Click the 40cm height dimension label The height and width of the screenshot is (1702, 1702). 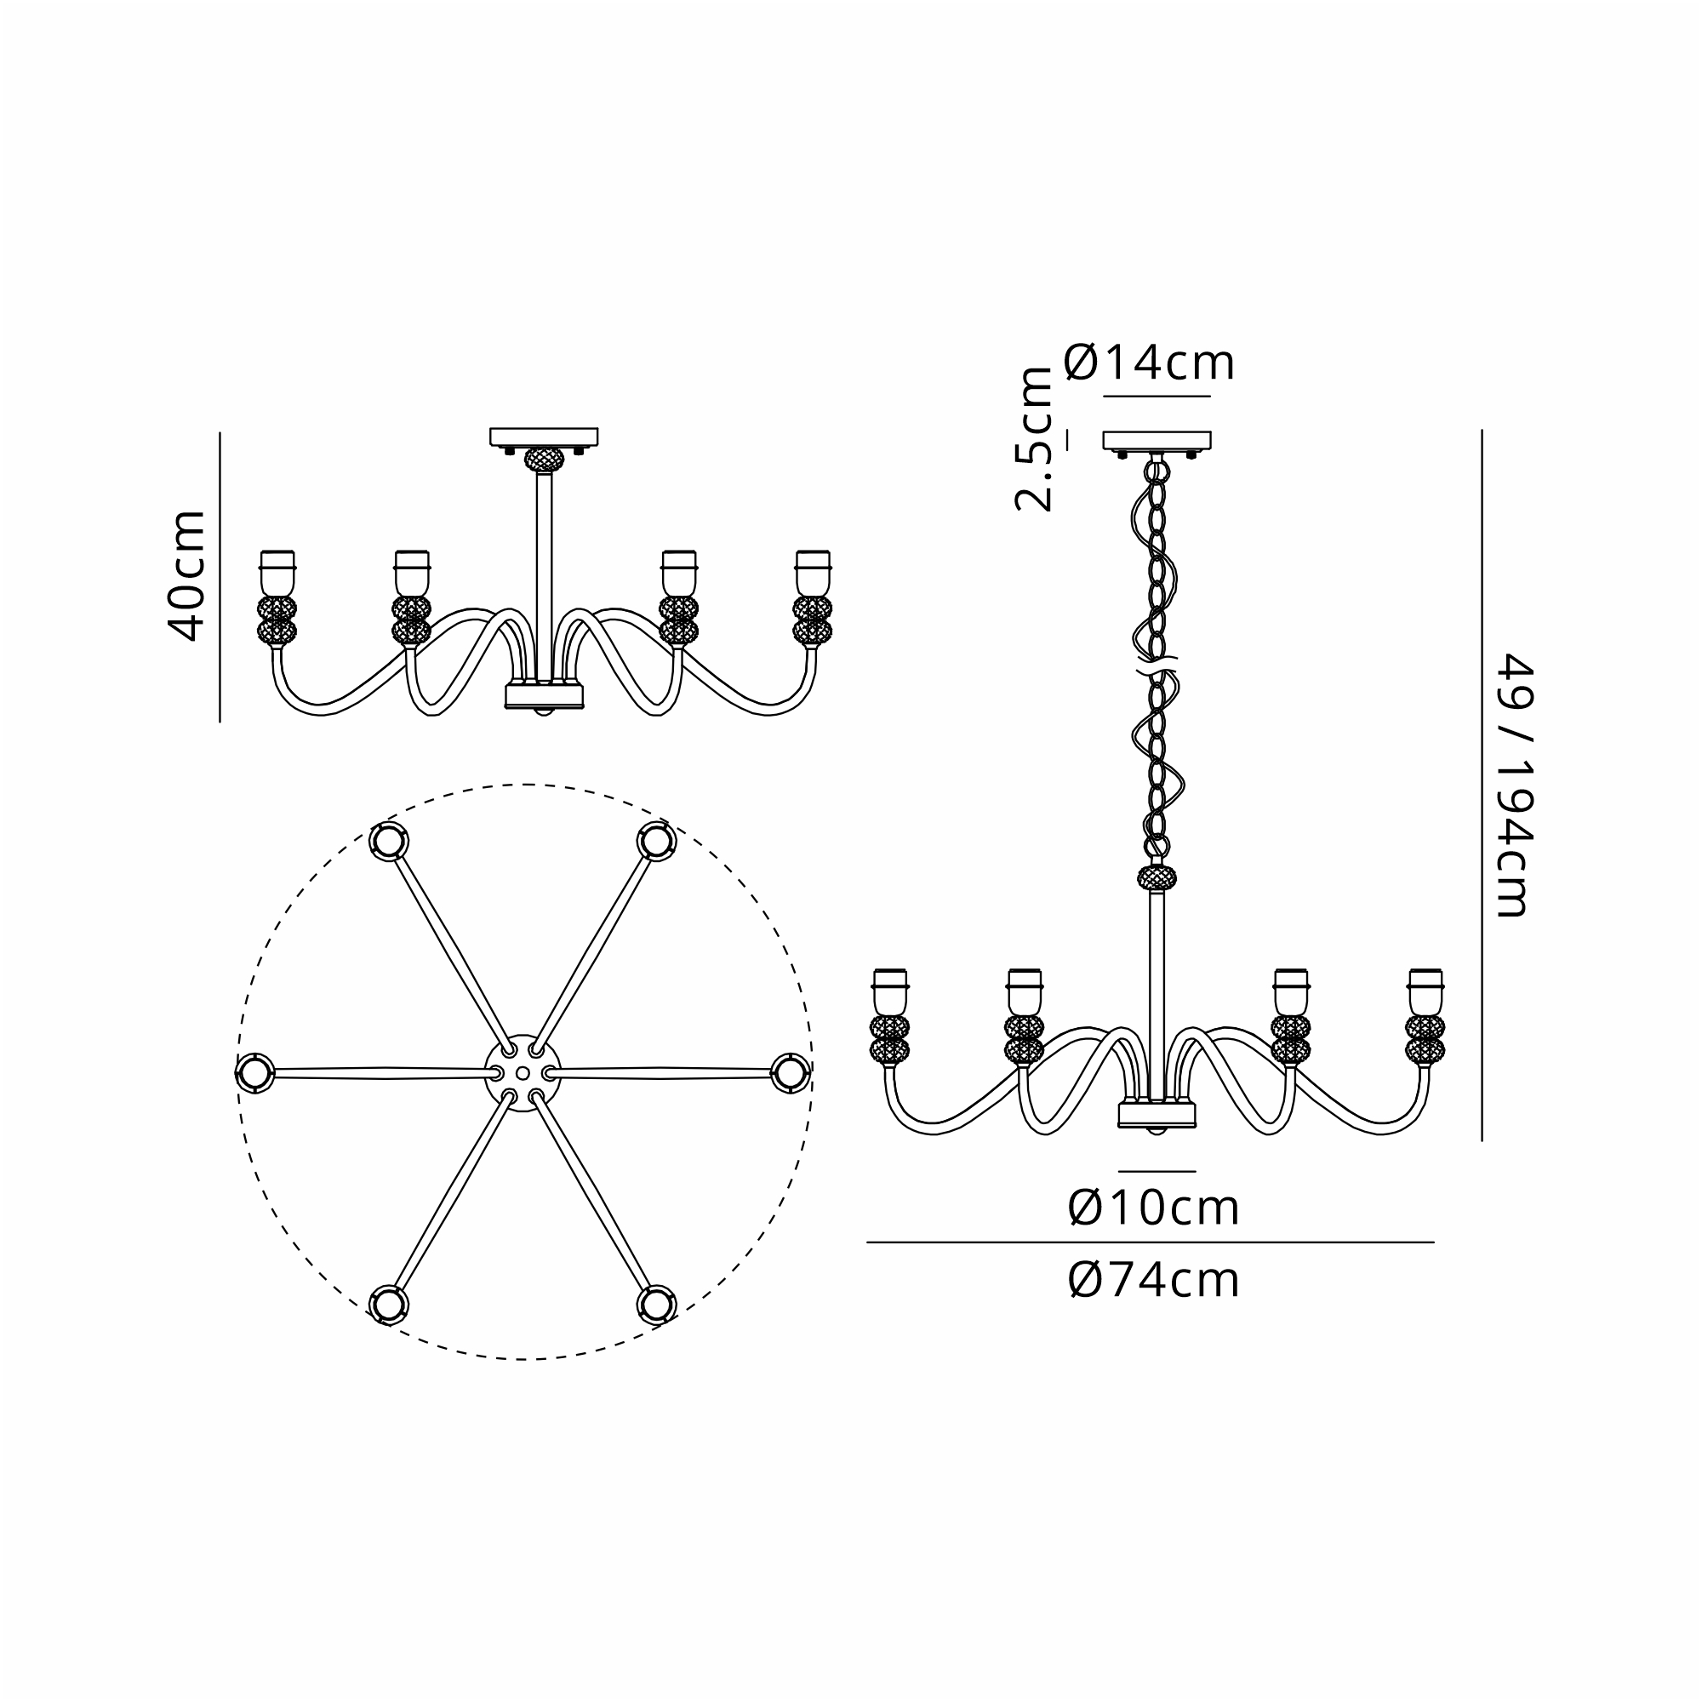coord(186,574)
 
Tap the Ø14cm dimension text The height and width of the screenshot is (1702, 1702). coord(1149,362)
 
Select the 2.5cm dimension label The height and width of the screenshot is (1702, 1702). coord(1033,439)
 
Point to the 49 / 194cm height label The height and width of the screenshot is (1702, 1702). coord(1517,785)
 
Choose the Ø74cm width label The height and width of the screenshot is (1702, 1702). coord(1153,1279)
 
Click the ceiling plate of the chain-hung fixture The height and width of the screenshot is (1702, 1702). coord(1157,441)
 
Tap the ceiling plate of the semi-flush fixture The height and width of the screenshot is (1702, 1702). coord(544,437)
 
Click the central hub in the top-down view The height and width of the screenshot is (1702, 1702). coord(523,1073)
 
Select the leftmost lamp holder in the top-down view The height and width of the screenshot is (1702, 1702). coord(254,1073)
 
